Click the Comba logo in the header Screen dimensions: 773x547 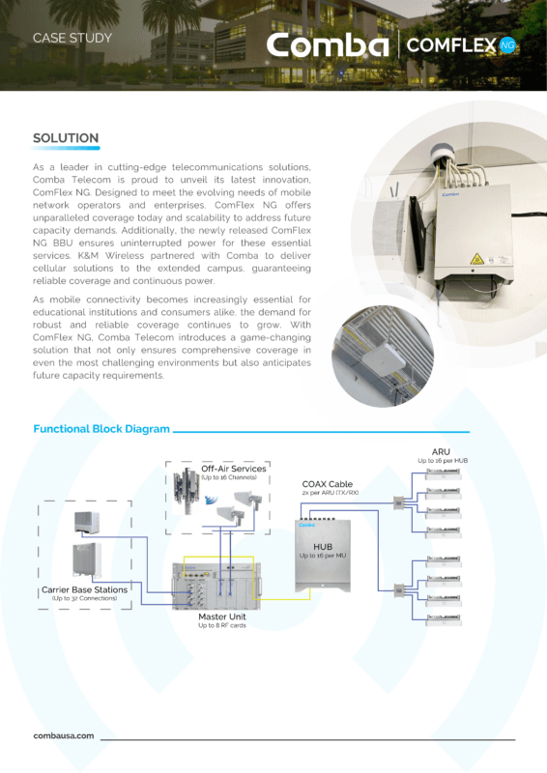(x=328, y=45)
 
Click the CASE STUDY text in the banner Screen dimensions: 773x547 (x=72, y=39)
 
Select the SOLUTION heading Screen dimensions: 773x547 (x=66, y=138)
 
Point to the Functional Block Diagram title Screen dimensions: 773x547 (x=101, y=429)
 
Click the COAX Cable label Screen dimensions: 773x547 (x=328, y=483)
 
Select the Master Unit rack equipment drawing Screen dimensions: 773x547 (x=216, y=584)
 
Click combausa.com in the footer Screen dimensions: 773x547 (x=64, y=735)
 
